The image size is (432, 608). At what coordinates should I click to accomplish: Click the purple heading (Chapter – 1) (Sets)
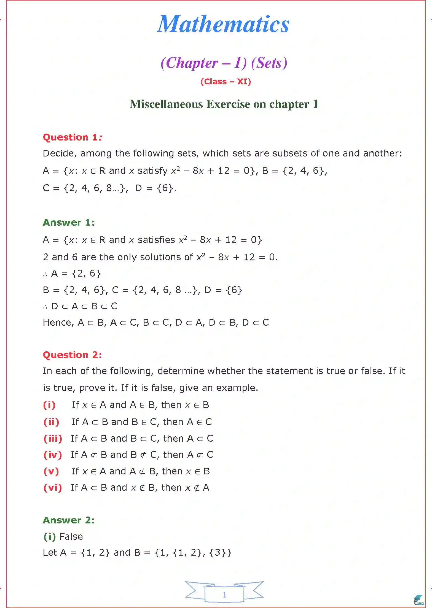click(224, 63)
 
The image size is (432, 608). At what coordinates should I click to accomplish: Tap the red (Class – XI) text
click(226, 82)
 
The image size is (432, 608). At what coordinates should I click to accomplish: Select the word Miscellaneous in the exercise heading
click(166, 104)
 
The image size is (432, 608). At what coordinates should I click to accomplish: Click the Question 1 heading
click(72, 137)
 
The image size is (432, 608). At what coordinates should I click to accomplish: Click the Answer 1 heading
click(69, 222)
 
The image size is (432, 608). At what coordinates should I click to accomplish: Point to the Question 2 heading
click(72, 355)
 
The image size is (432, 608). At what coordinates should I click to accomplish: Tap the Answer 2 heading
click(69, 520)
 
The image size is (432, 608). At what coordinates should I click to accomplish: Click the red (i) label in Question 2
click(49, 405)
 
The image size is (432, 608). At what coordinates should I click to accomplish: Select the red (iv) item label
click(53, 455)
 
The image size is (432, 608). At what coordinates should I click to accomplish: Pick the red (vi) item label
click(53, 488)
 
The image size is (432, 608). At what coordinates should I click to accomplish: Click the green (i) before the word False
click(50, 536)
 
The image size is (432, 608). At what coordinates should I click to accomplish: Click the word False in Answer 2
click(71, 536)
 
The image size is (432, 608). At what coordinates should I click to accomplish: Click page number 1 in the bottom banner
click(224, 595)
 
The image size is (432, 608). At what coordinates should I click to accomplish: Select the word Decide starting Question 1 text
click(58, 153)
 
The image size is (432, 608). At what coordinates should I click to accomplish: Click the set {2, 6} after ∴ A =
click(86, 274)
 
